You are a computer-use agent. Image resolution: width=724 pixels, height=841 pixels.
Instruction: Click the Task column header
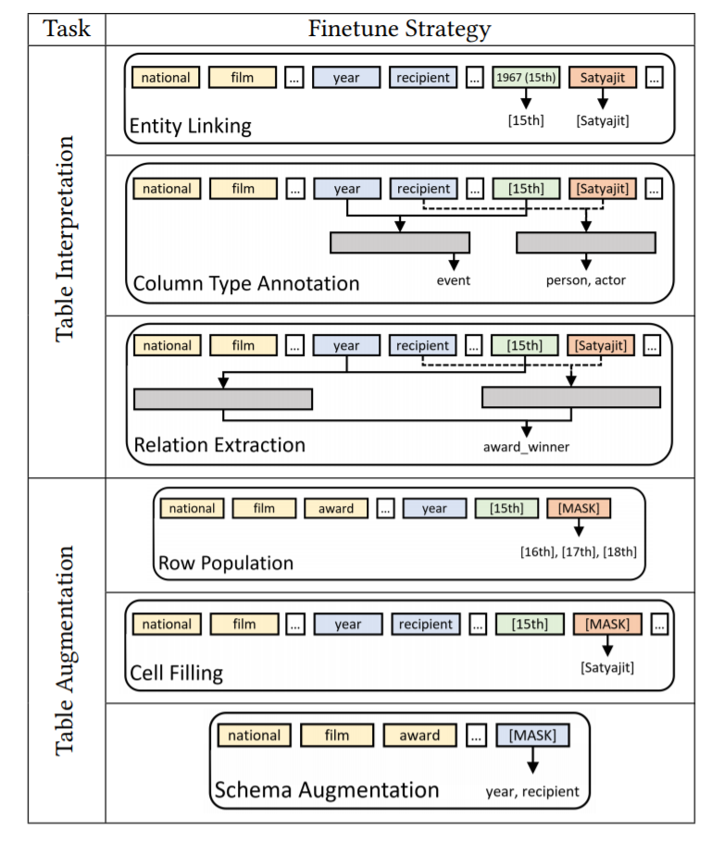click(67, 29)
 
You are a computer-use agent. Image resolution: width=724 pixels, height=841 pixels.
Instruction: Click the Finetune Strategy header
click(399, 29)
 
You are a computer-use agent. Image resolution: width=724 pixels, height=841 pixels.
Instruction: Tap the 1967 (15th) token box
click(526, 77)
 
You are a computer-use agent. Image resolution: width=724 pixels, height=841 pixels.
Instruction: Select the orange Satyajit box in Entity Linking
click(602, 77)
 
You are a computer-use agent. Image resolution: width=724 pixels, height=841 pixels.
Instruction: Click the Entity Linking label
click(191, 126)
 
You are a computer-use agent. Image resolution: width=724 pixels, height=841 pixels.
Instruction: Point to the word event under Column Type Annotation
click(454, 280)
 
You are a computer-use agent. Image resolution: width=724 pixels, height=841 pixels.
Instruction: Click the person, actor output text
click(586, 280)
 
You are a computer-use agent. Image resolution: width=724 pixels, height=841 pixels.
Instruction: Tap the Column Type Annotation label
click(245, 284)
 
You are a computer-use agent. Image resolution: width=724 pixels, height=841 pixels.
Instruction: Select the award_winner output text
click(526, 447)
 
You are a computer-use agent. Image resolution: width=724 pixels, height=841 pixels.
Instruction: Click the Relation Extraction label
click(219, 445)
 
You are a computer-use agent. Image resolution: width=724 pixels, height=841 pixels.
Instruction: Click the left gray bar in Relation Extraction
click(223, 399)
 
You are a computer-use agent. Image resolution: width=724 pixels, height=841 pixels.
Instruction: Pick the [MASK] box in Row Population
click(579, 508)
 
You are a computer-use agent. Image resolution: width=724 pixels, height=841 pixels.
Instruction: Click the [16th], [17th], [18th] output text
click(579, 552)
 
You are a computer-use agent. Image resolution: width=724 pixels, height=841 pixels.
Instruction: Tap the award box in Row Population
click(336, 508)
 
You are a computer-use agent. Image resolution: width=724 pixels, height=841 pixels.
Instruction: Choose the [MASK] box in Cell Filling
click(607, 625)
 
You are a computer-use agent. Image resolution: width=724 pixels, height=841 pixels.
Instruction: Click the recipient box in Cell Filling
click(426, 625)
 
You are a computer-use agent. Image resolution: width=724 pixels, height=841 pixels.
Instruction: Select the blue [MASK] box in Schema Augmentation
click(532, 736)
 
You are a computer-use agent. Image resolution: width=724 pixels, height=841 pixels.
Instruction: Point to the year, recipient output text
click(532, 792)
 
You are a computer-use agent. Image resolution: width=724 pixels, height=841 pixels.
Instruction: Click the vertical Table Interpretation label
click(65, 239)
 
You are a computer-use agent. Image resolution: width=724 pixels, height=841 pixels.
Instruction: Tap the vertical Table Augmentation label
click(65, 650)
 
